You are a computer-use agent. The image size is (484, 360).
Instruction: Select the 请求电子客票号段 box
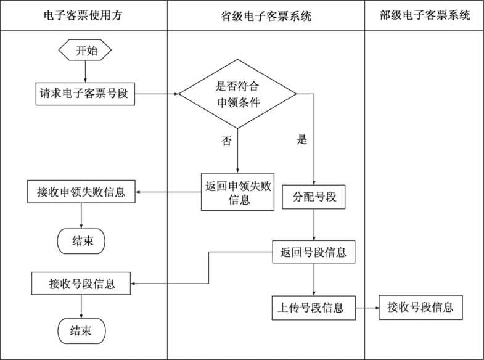(84, 94)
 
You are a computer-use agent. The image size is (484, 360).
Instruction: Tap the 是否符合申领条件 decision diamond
(237, 94)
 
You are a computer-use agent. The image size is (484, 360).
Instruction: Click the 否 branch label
(226, 141)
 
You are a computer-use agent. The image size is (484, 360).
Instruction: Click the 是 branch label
(301, 139)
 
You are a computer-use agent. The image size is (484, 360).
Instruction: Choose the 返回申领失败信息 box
(237, 192)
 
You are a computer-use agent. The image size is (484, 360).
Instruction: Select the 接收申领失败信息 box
(81, 192)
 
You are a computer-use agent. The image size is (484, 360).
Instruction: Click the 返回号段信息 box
(314, 253)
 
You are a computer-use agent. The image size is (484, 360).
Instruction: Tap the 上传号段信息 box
(314, 308)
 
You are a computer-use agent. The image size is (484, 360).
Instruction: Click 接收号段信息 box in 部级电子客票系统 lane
(420, 307)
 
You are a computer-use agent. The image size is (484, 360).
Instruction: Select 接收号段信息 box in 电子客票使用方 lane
(81, 284)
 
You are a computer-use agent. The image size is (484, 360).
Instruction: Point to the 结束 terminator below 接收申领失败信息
(81, 241)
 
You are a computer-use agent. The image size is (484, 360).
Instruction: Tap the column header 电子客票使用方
(83, 15)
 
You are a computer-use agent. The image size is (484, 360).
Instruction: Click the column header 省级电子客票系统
(266, 15)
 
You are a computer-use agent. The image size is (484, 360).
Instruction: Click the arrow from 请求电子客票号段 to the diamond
(157, 94)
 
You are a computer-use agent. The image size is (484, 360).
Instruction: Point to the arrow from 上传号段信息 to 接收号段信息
(367, 308)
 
